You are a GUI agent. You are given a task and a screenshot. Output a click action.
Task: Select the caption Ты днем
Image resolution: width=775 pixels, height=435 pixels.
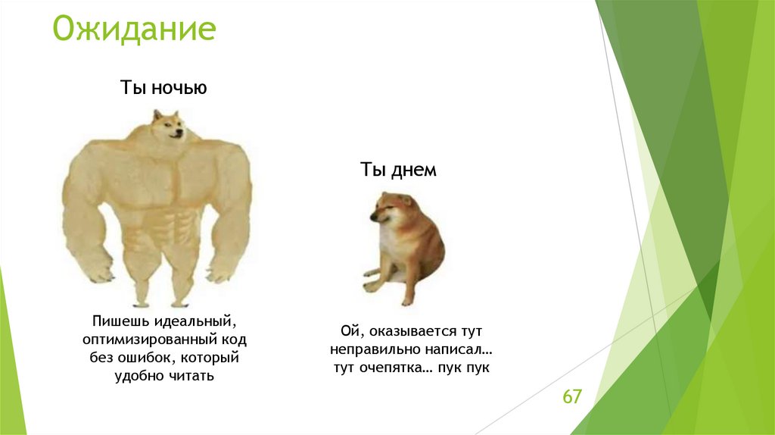398,171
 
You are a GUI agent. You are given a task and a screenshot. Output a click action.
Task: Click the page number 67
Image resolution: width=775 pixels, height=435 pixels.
571,396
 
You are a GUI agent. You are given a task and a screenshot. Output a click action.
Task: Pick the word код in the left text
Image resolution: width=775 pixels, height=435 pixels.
235,340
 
